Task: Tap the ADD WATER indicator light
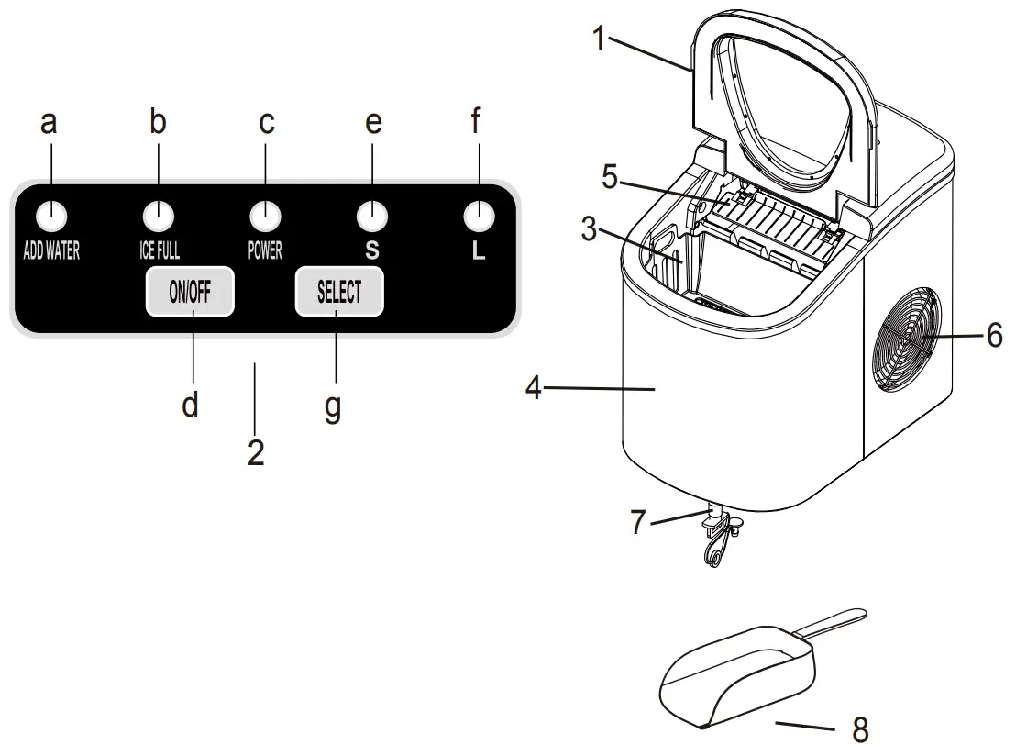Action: click(x=53, y=217)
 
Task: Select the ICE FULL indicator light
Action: click(x=160, y=217)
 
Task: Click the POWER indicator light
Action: click(x=265, y=217)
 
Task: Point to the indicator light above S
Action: click(x=372, y=217)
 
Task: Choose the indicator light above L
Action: click(x=477, y=217)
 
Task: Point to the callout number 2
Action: click(x=256, y=450)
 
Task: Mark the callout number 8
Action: click(x=859, y=729)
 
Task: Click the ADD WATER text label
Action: click(x=51, y=251)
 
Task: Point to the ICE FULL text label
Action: click(x=159, y=251)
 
